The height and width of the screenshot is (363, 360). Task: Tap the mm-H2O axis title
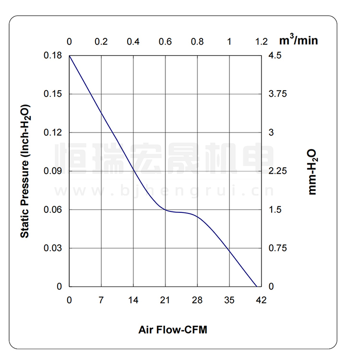point(312,171)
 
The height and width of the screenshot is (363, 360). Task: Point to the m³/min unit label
point(299,40)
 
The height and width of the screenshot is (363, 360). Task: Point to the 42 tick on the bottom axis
point(262,300)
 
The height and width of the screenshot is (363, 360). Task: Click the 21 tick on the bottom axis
point(166,300)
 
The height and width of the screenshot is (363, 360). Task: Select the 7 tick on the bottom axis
point(101,300)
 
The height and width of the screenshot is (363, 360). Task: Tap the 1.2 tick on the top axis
point(262,42)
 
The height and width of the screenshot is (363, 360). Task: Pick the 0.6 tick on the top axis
point(166,42)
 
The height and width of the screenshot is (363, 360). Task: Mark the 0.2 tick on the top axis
point(101,42)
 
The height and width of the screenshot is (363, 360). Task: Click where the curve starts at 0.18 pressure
point(70,56)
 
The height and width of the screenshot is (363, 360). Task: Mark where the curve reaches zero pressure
point(256,286)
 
